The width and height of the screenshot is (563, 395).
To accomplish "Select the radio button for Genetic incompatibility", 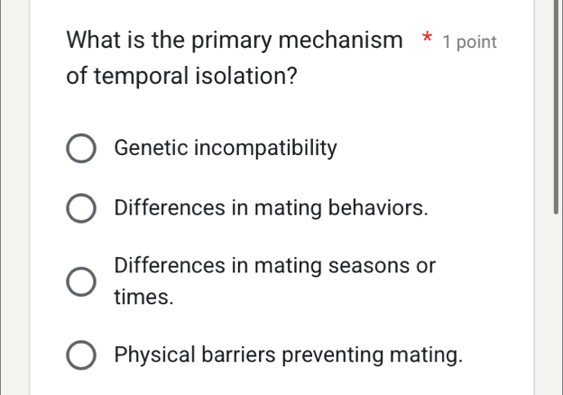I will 81,149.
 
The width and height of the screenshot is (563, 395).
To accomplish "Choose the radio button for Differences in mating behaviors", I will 81,209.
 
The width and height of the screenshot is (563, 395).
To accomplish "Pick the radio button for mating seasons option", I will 81,281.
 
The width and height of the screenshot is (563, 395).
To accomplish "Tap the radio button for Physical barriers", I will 81,354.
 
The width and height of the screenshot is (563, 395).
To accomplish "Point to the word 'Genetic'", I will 150,148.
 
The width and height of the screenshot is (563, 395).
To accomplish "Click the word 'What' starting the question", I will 93,41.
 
